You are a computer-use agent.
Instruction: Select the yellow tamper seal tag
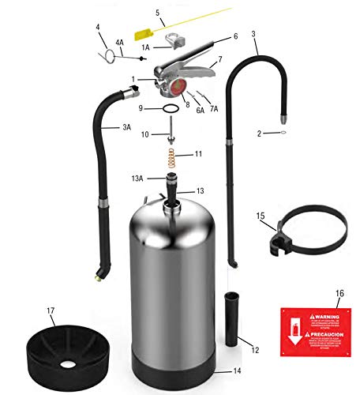pos(145,35)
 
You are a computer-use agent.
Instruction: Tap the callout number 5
pos(157,13)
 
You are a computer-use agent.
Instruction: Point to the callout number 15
pos(260,214)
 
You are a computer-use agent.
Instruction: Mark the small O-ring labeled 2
pos(283,134)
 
